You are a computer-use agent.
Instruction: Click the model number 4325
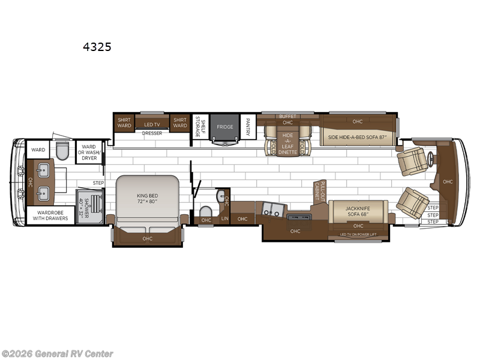click(x=100, y=46)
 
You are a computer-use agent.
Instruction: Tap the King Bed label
click(x=147, y=196)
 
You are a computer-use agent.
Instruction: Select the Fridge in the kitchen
click(x=224, y=127)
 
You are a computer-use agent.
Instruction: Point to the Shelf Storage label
click(x=203, y=127)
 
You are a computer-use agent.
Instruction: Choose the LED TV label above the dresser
click(x=152, y=124)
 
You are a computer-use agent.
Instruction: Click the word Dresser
click(x=152, y=134)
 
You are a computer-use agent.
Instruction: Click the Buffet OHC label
click(x=287, y=119)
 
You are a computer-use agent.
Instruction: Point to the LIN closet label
click(x=224, y=218)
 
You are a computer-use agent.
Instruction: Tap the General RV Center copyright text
click(x=57, y=354)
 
